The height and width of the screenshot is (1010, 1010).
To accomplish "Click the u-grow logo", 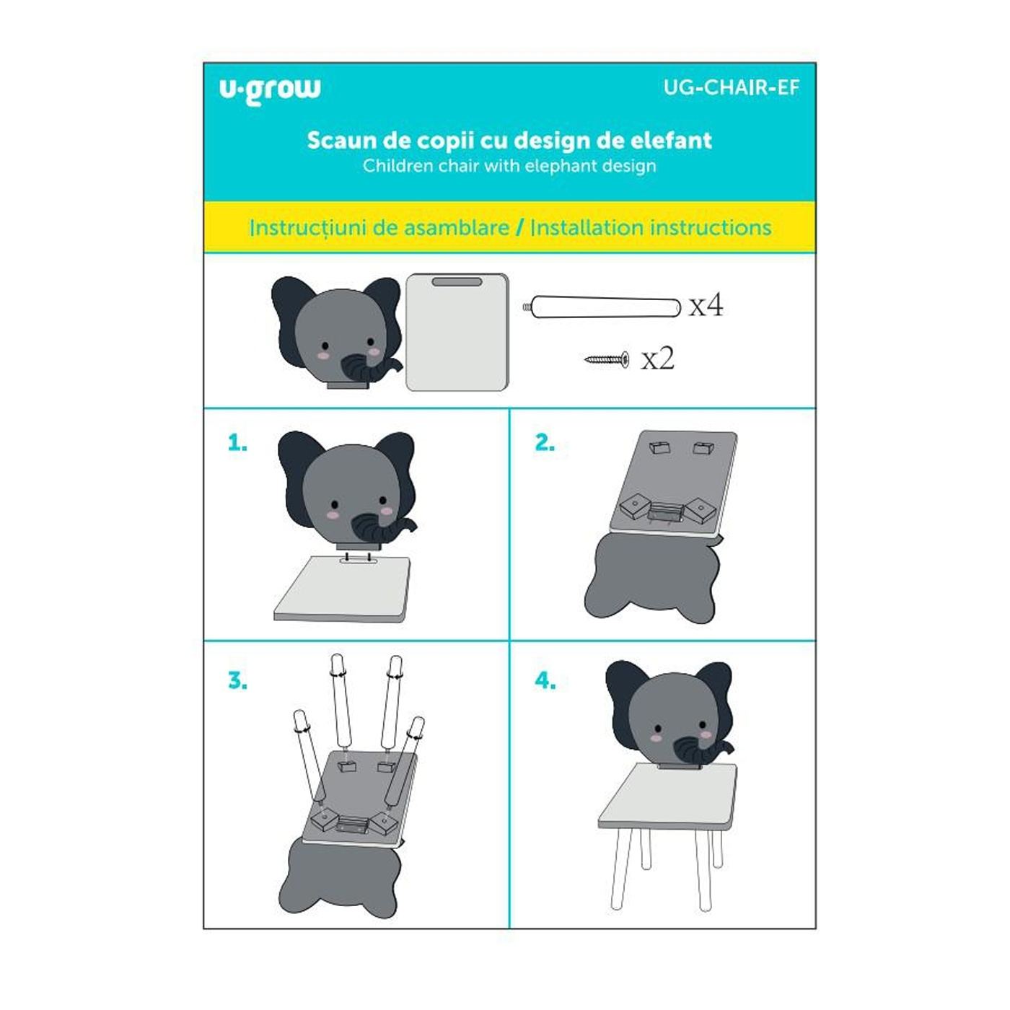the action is (269, 91).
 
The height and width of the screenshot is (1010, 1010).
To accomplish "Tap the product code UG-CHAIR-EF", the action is (732, 87).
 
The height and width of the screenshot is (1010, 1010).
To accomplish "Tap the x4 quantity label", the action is (706, 306).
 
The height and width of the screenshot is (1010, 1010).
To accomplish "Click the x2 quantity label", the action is (657, 359).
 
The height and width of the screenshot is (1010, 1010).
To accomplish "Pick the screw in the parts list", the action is (607, 359).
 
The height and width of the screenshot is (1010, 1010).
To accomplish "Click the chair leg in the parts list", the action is (602, 307).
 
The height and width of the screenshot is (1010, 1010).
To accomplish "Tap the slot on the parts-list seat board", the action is (457, 282).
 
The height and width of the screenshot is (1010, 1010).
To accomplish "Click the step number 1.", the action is (237, 444).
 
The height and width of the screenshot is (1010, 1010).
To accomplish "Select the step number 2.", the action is (545, 443).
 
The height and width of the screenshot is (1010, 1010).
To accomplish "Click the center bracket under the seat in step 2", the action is (664, 511).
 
